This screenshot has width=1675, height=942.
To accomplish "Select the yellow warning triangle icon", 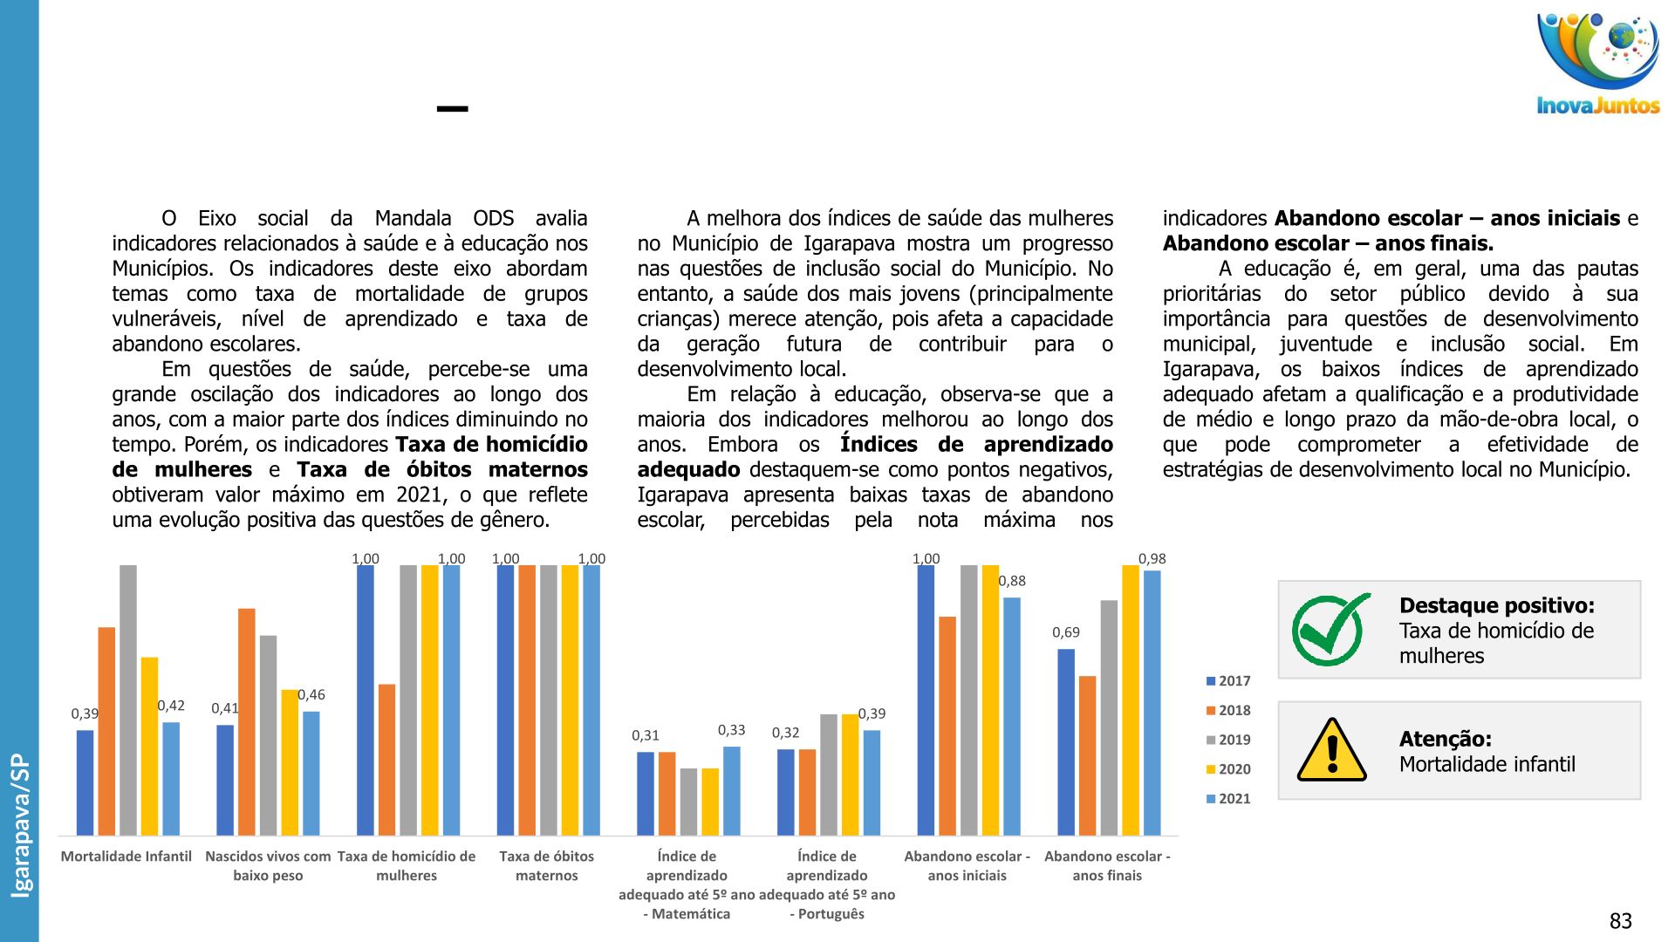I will (x=1331, y=750).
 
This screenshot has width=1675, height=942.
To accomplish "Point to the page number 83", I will (x=1620, y=921).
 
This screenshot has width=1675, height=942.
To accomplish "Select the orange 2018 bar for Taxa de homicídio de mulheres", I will (x=386, y=760).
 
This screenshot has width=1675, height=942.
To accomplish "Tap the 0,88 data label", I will (x=1012, y=581).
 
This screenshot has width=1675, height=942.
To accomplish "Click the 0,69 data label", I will (x=1065, y=632).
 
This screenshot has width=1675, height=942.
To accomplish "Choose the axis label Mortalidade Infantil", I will (x=126, y=857).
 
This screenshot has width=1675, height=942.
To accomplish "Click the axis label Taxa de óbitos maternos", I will (x=547, y=866).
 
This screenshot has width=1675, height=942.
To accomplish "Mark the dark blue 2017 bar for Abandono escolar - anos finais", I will (x=1066, y=741).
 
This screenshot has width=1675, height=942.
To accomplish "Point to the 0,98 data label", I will (x=1152, y=559).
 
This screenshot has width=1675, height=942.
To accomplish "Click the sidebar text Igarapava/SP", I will (x=20, y=825).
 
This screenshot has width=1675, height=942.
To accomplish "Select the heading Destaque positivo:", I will (x=1496, y=605).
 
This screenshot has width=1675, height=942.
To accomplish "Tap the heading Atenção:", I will (x=1445, y=739).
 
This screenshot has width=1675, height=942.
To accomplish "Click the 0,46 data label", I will (x=311, y=695).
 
